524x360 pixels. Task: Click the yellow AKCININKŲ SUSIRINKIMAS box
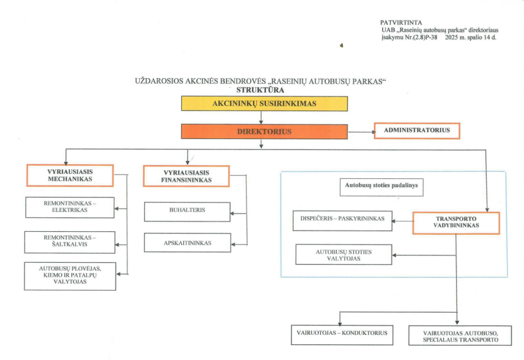264,104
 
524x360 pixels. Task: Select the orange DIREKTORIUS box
264,131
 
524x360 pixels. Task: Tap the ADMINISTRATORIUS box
417,130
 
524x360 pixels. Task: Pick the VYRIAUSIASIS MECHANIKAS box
70,175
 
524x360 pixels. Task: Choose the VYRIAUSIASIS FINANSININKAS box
186,176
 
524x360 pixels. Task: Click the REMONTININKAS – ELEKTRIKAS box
70,207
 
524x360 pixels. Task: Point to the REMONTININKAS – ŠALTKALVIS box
70,242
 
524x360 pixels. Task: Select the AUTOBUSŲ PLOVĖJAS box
70,276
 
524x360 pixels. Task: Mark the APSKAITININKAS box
187,242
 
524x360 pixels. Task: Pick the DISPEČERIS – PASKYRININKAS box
342,220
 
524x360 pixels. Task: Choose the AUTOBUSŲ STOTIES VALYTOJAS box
344,255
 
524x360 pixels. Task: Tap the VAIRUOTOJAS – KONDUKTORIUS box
342,334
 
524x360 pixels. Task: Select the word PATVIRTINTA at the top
401,23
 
